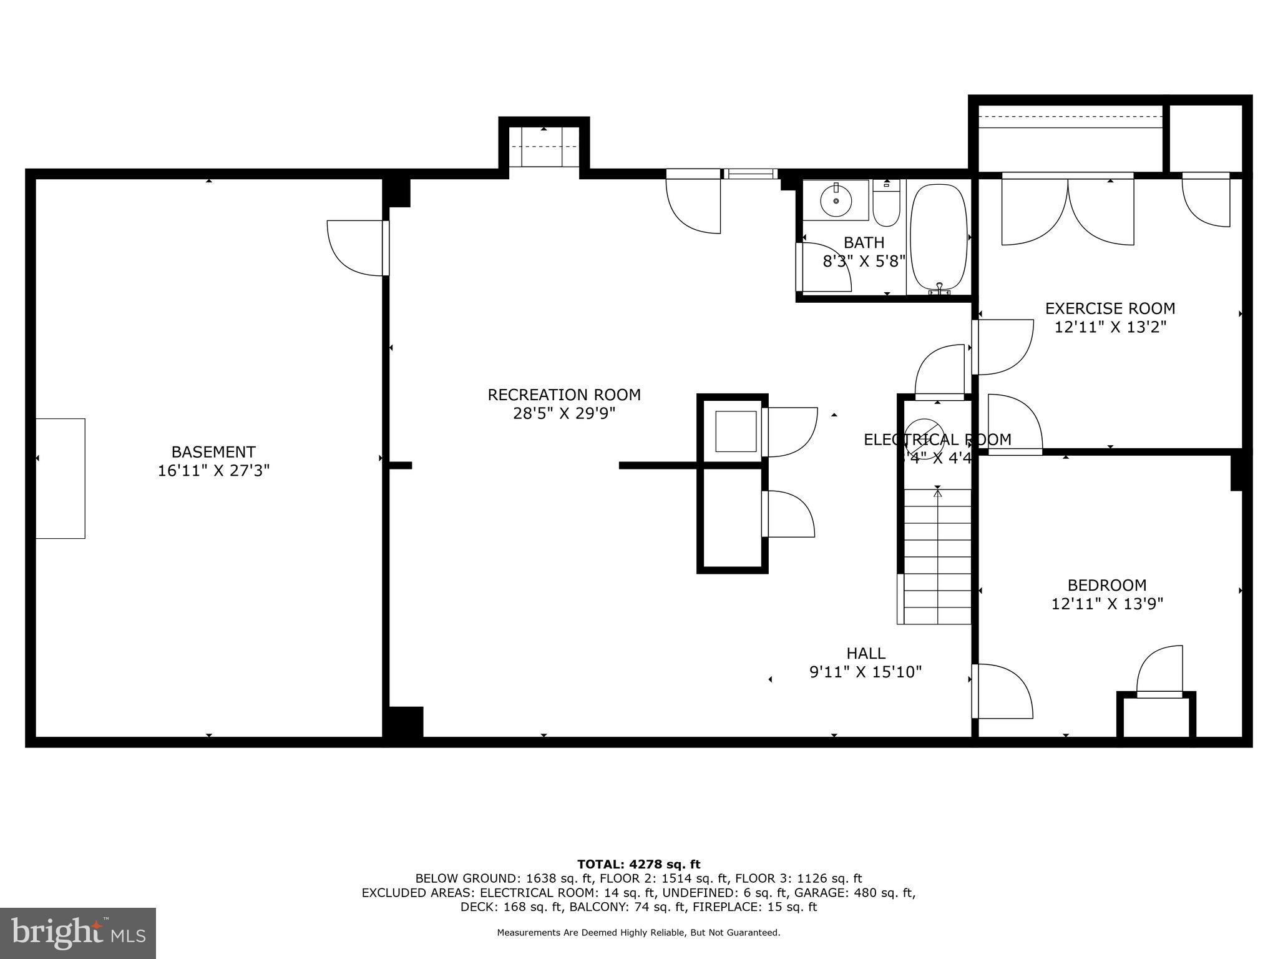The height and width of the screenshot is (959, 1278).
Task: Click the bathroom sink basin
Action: [x=836, y=200]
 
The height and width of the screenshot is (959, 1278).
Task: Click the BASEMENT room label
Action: [x=213, y=451]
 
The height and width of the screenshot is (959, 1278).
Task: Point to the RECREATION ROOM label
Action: [x=564, y=395]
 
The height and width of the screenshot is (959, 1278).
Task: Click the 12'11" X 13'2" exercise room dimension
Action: [x=1110, y=327]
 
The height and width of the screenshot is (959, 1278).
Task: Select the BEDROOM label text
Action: [x=1107, y=585]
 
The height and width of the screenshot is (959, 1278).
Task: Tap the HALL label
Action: [x=866, y=653]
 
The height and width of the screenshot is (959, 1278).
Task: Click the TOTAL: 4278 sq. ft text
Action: [x=638, y=864]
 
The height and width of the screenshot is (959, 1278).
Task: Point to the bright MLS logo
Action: [x=78, y=933]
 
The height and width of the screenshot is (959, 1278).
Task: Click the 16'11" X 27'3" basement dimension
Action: [x=213, y=471]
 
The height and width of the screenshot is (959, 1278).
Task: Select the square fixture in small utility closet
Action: [x=736, y=431]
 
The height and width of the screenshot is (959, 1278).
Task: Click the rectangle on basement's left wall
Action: [x=61, y=478]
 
